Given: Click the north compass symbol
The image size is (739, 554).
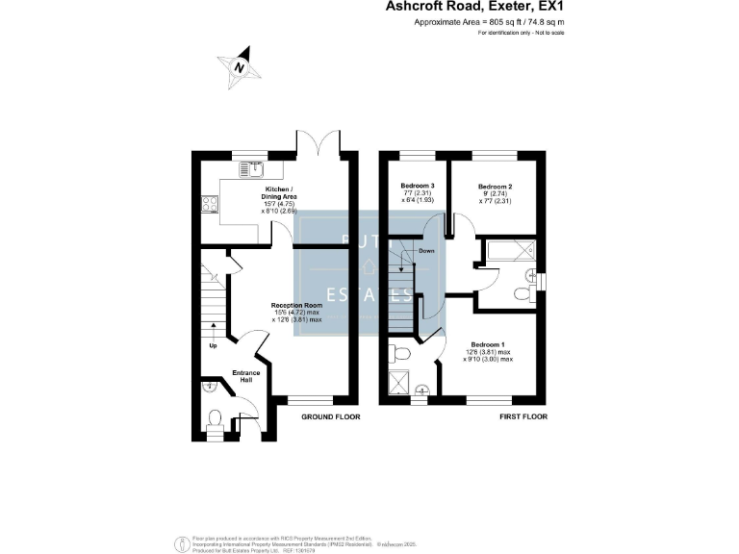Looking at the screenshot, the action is [237, 67].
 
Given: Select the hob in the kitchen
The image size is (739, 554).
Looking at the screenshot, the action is [208, 203].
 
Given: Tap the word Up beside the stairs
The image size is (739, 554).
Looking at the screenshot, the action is [213, 346].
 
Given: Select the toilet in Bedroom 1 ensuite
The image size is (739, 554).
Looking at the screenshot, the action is [403, 354].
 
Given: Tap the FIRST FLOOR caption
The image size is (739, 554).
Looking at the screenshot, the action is [522, 416].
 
